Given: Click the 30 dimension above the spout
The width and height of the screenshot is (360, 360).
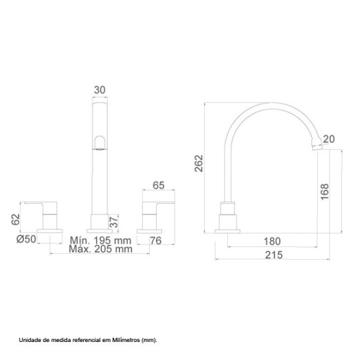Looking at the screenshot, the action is point(99,90).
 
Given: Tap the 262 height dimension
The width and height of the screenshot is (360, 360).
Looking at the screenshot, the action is point(199,163).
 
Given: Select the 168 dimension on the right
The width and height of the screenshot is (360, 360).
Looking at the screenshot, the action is point(325,192).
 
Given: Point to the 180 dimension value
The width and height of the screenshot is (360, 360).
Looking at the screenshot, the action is point(272,241).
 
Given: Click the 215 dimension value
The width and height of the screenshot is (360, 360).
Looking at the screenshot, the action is point(274,255).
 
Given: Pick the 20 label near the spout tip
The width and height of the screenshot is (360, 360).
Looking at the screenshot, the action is point(329,139).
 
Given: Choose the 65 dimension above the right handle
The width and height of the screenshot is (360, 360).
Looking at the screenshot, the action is point(159,185).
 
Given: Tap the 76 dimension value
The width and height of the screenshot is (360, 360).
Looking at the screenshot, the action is point(156,241).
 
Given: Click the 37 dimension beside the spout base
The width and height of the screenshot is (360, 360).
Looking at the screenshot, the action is point(113,222).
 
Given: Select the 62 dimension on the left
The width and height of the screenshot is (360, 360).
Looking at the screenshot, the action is point(15,219).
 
